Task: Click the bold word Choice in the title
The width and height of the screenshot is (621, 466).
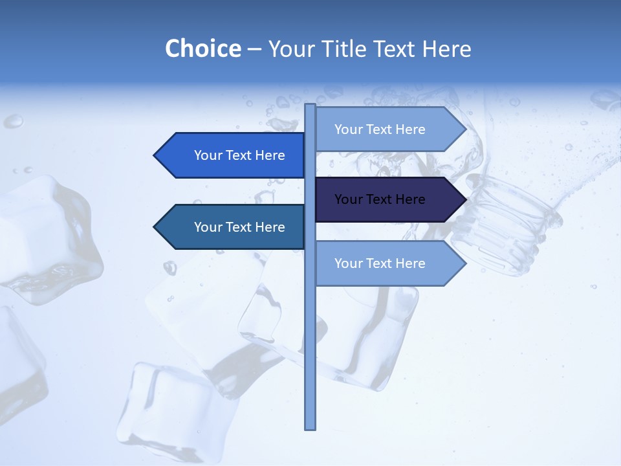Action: (x=202, y=49)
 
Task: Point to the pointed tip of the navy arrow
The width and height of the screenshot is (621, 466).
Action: (x=464, y=199)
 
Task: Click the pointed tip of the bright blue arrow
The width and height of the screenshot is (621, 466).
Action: (x=156, y=155)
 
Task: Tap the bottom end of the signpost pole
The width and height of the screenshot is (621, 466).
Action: (x=310, y=427)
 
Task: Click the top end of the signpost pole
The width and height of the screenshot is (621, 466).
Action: (x=310, y=106)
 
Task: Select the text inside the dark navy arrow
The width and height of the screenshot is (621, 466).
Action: (x=380, y=199)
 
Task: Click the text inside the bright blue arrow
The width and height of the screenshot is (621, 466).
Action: (x=239, y=155)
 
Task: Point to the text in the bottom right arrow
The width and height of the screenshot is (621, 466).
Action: (x=380, y=263)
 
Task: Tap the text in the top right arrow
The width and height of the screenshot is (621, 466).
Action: (x=380, y=129)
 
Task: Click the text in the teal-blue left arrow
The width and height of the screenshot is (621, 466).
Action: (x=239, y=227)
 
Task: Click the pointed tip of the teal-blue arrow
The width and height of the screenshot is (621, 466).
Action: (x=156, y=227)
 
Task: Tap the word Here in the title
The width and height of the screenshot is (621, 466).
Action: (x=446, y=49)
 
